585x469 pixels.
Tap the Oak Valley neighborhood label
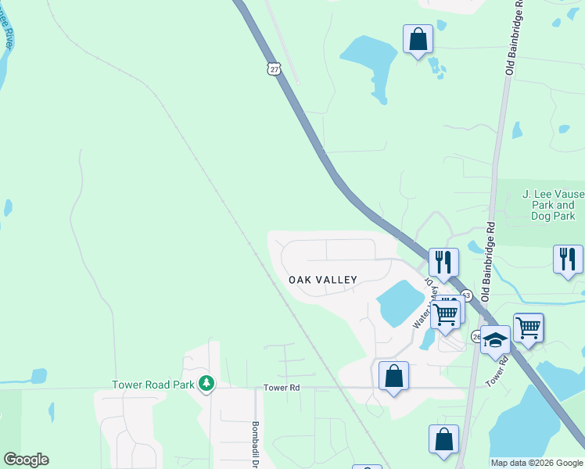(x=323, y=280)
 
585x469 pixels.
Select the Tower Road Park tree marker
(x=206, y=383)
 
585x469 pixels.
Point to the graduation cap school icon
(x=495, y=340)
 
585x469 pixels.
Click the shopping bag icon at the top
(x=418, y=38)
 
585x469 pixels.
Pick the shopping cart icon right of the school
(x=528, y=327)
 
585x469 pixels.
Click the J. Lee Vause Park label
(x=548, y=205)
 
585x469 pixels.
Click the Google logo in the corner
(x=26, y=460)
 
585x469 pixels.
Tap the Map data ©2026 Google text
(x=537, y=463)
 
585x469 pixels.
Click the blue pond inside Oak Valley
(x=400, y=303)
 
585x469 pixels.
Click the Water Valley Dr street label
(x=423, y=302)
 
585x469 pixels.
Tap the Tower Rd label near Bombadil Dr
(x=282, y=388)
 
